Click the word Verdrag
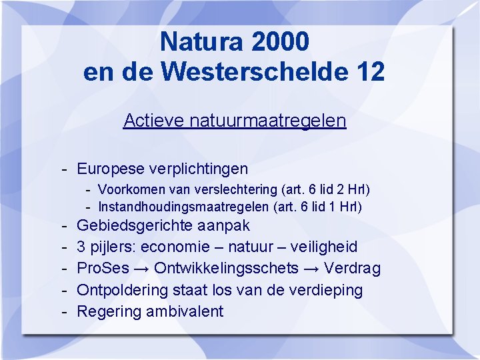pyautogui.click(x=353, y=269)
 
